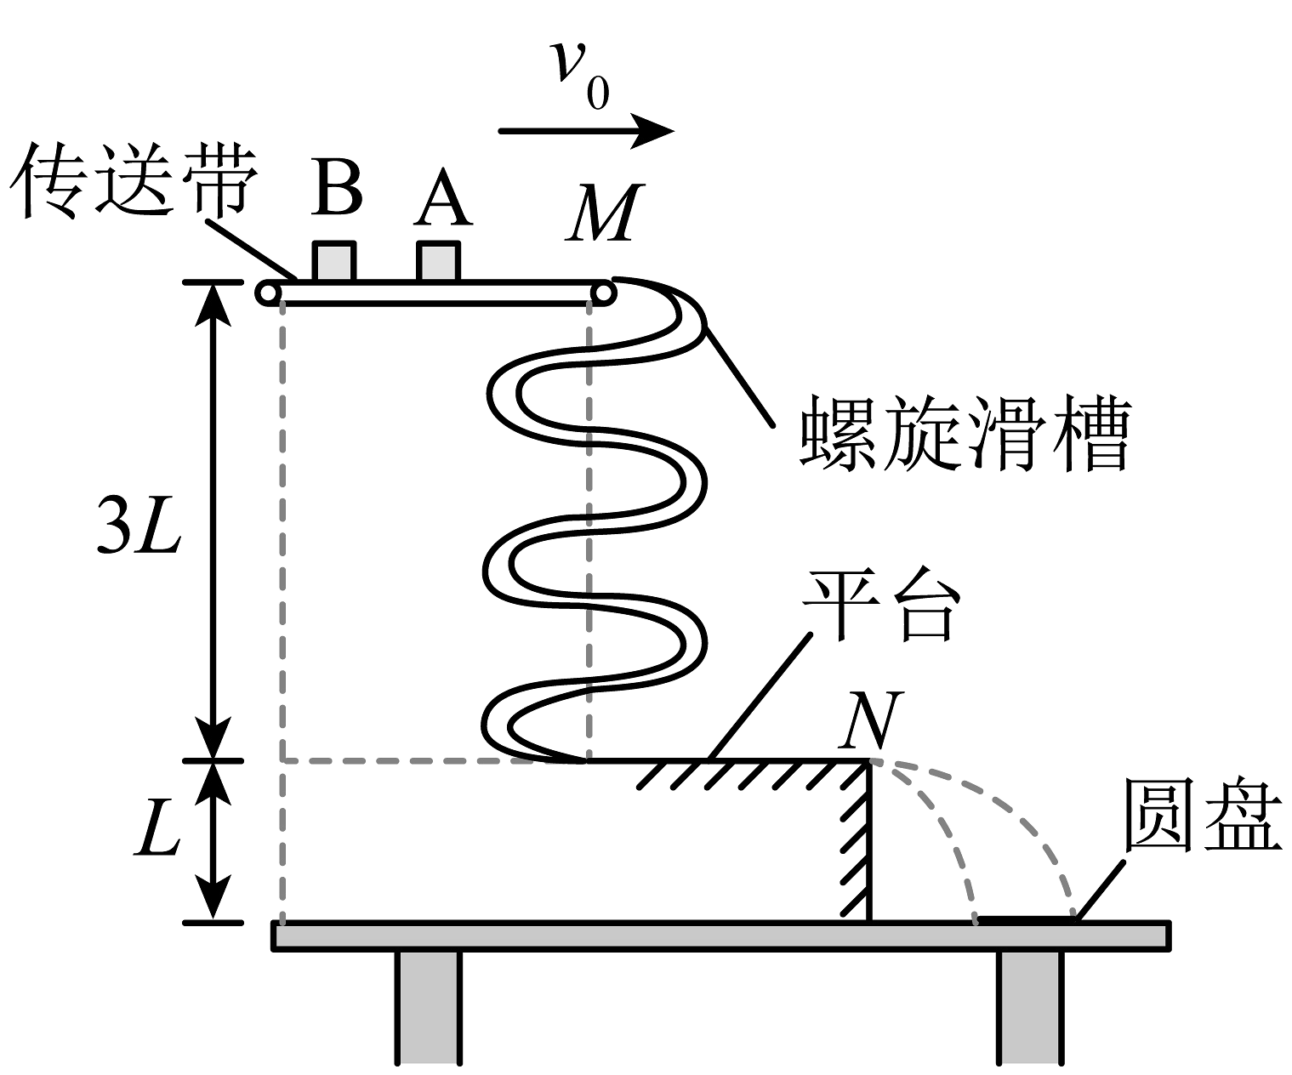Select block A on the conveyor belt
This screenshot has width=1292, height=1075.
coord(439,262)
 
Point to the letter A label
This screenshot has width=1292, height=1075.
coord(442,199)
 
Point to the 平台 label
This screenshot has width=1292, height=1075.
coord(884,606)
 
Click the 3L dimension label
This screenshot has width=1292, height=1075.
coord(139,533)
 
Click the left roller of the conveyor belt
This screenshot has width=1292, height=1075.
coord(268,293)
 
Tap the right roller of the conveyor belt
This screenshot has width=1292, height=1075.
coord(603,293)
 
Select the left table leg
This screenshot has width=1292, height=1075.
coord(429,1008)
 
